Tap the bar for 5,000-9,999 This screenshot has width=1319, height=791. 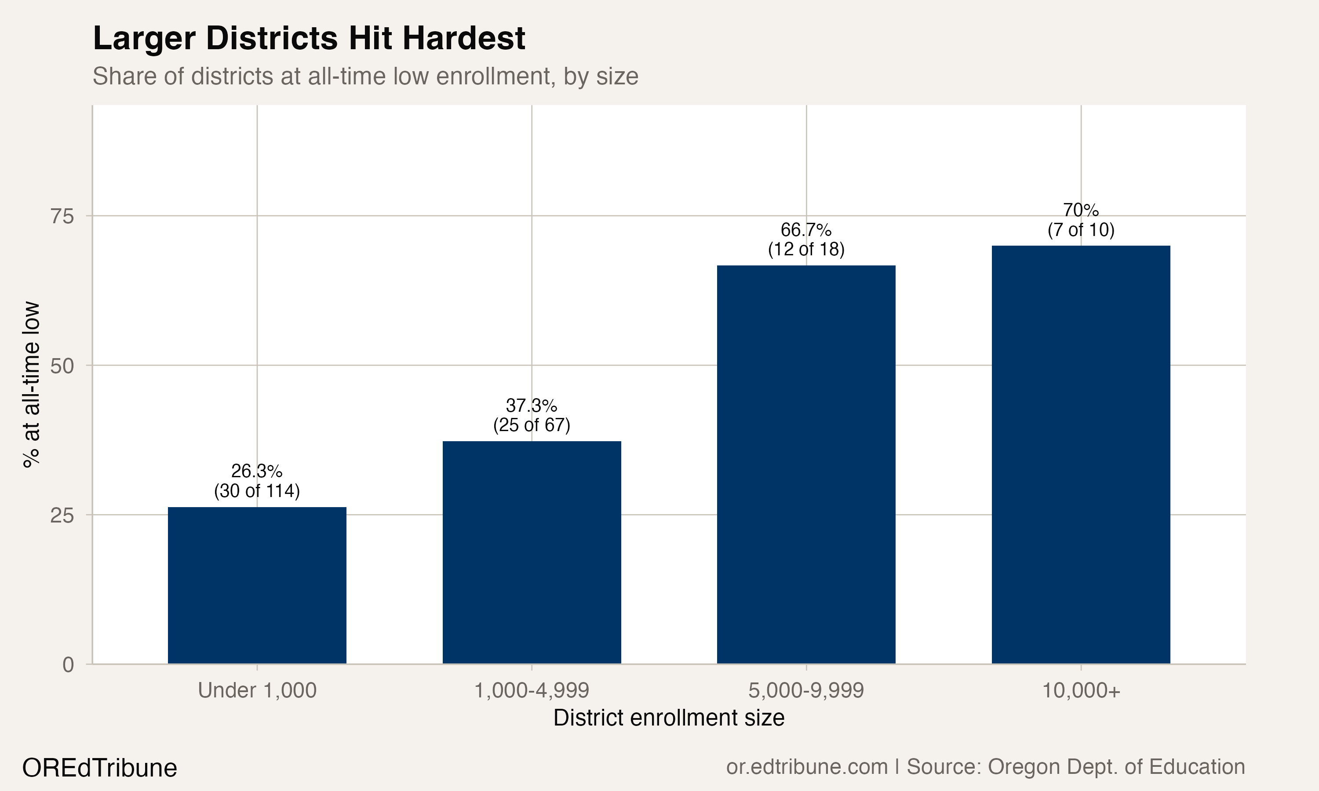coord(806,464)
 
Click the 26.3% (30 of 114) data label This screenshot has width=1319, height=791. coord(257,481)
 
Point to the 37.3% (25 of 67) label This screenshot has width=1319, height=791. coord(532,415)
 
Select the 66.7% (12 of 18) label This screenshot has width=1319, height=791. coord(806,239)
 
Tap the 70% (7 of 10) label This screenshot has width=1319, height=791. coord(1081,220)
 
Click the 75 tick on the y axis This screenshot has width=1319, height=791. coord(62,216)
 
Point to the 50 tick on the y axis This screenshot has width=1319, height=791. coord(62,366)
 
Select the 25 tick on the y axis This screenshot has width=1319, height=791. coord(62,515)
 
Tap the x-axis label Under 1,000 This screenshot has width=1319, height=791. coord(257,690)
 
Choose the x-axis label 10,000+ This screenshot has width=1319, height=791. coord(1081,690)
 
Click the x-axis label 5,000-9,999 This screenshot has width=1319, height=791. coord(806,690)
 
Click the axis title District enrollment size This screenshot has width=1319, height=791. coord(669,718)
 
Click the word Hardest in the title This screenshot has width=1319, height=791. coord(463,38)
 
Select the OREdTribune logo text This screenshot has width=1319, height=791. coord(100,768)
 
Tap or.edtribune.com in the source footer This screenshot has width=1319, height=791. coord(807,767)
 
